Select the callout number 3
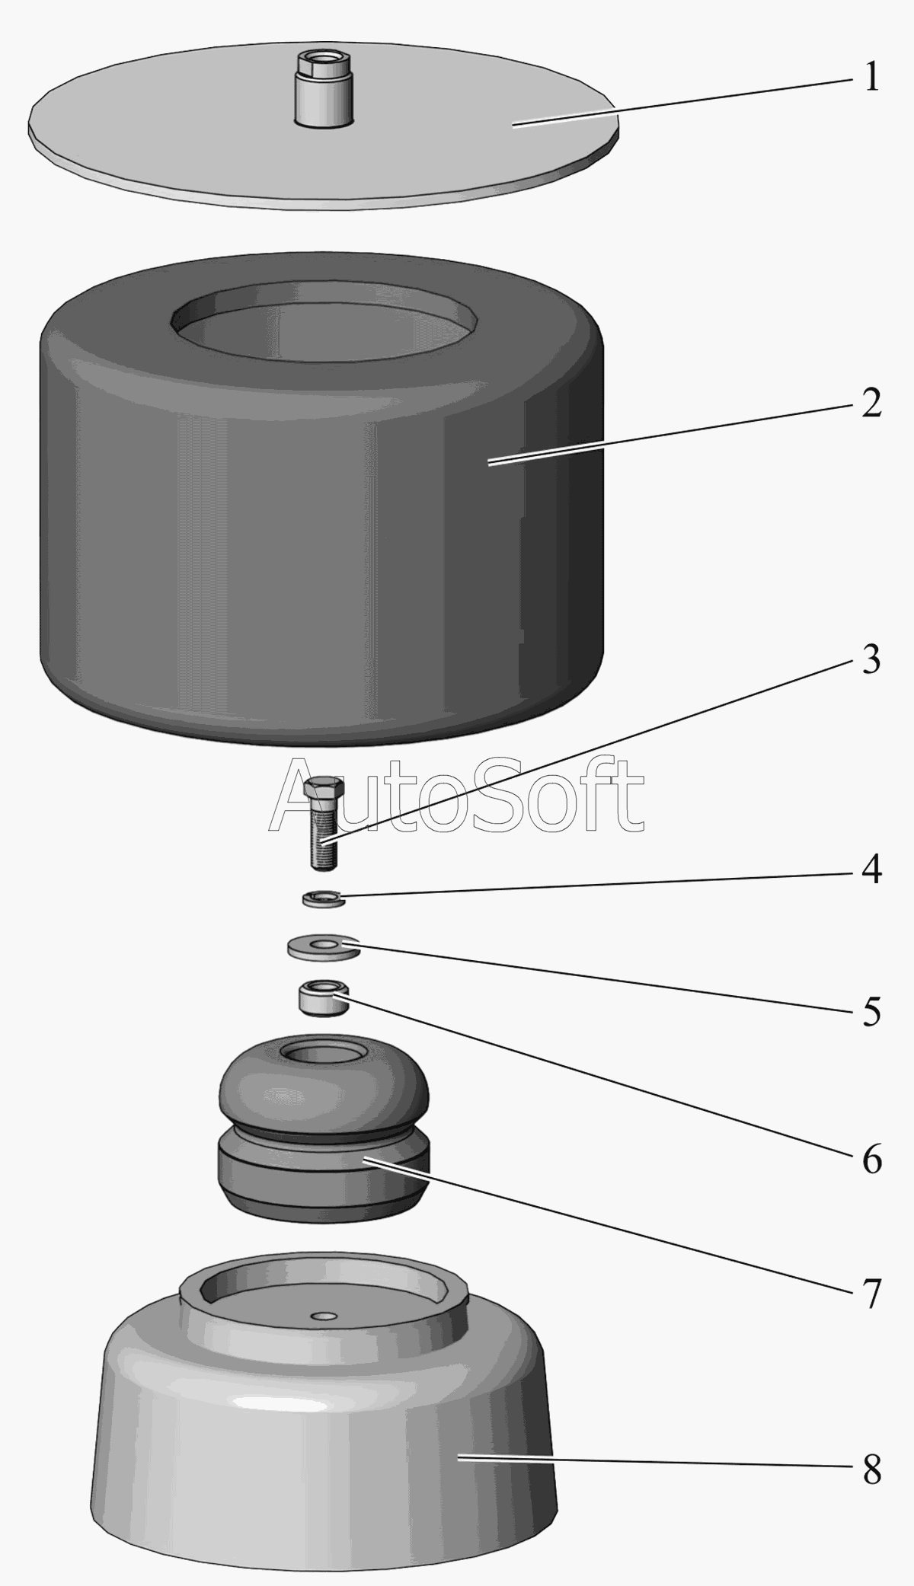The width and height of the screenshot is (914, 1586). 871,659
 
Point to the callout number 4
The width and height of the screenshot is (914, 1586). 871,869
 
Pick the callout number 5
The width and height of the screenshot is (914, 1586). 871,1011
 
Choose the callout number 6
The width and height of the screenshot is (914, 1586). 871,1159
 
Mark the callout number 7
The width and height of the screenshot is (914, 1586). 871,1293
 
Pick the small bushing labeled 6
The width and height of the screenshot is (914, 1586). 323,996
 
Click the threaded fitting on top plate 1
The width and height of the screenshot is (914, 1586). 324,88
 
